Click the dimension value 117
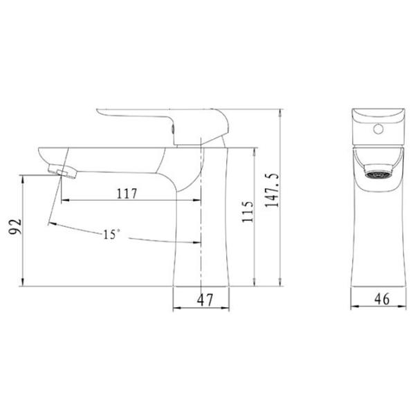[127, 194]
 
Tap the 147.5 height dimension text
[272, 190]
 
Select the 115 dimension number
[248, 212]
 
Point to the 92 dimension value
[15, 227]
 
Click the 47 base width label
[205, 300]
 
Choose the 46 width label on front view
[382, 299]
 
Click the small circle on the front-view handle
[378, 129]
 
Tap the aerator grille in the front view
[378, 175]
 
